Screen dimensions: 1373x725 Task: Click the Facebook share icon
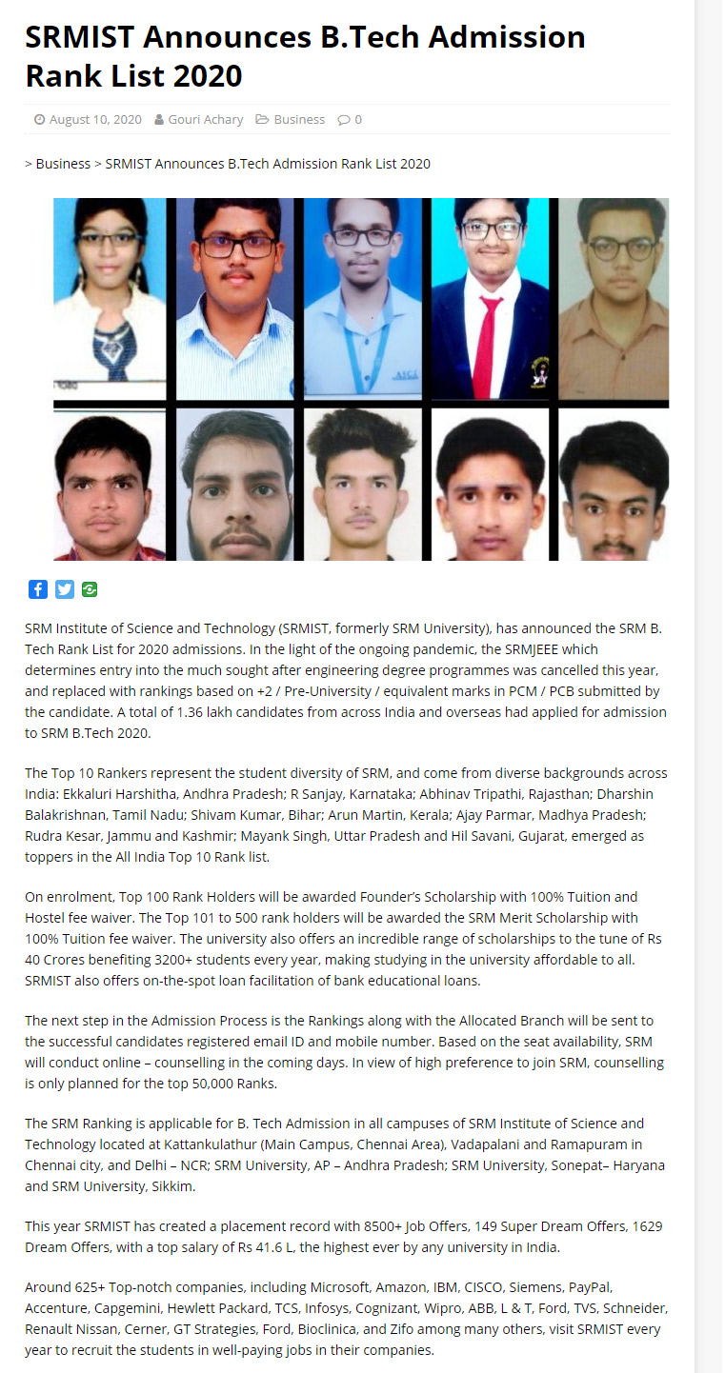[37, 589]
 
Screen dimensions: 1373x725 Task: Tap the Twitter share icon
[64, 589]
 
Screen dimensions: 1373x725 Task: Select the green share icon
[90, 589]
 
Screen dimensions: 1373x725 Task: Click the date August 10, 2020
[94, 120]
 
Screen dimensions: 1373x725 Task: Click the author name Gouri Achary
[205, 120]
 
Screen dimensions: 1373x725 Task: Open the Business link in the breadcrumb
[63, 164]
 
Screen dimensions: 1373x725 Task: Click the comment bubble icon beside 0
[344, 120]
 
